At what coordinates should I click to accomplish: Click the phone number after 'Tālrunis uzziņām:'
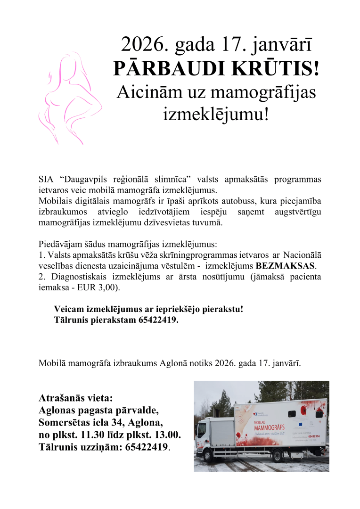coord(146,446)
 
